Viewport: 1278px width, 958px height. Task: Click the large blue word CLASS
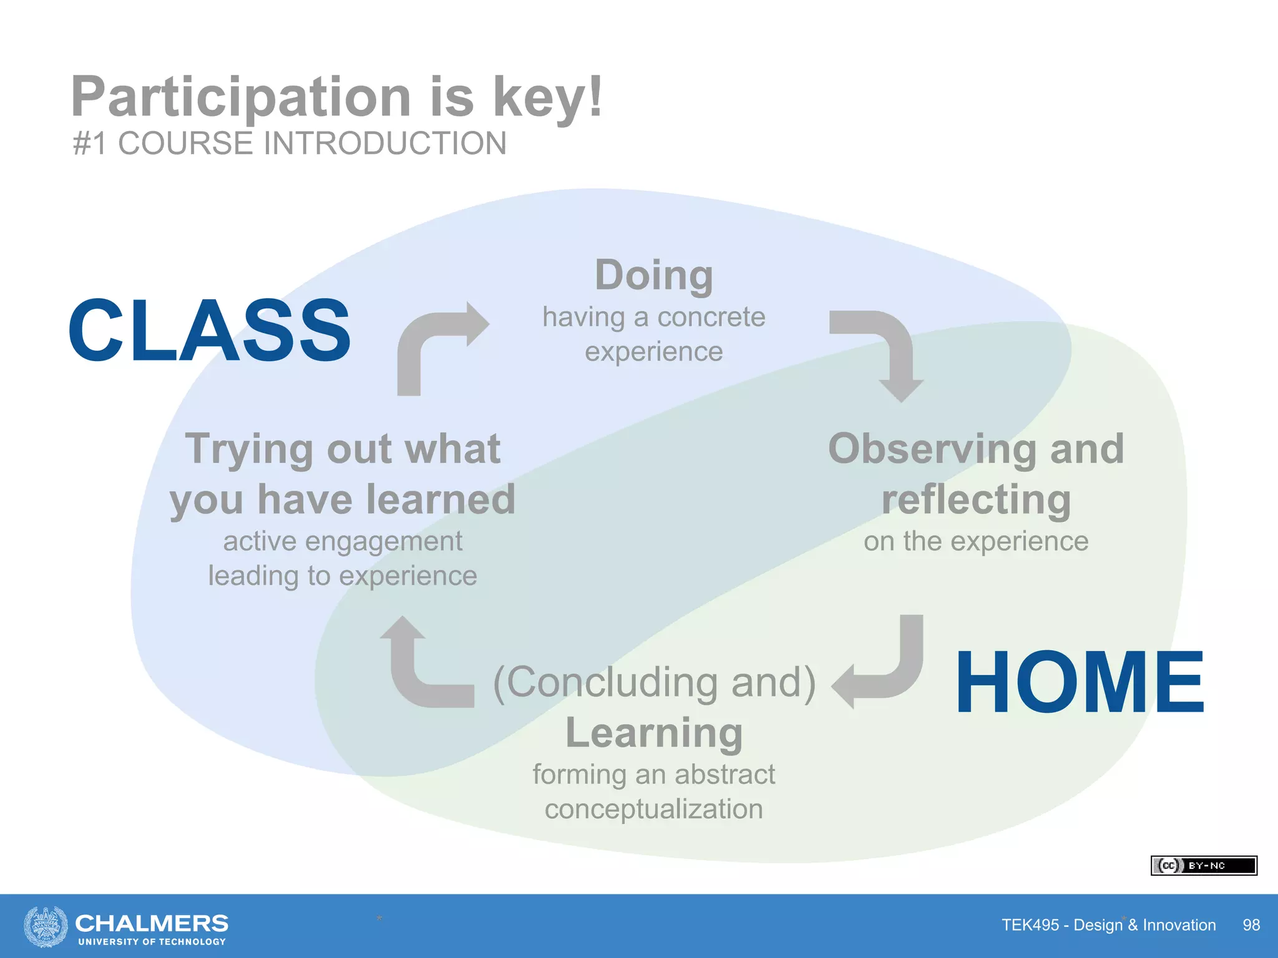pos(209,330)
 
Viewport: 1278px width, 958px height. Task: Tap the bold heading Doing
pos(653,275)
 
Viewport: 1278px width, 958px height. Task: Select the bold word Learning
pos(653,733)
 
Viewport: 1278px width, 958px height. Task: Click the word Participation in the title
pos(241,97)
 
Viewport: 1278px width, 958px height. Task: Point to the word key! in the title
pos(548,97)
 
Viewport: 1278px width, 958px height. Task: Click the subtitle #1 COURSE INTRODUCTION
pos(290,143)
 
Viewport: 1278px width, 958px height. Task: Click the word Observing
pos(933,449)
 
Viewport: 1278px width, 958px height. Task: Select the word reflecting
pos(976,500)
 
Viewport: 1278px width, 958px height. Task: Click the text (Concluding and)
pos(654,682)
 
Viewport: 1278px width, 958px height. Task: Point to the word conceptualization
pos(653,809)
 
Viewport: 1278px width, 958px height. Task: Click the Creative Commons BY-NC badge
pos(1203,866)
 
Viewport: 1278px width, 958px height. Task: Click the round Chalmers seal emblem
pos(46,926)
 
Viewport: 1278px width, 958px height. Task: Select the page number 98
pos(1251,925)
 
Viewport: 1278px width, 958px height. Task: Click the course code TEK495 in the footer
pos(1030,925)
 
